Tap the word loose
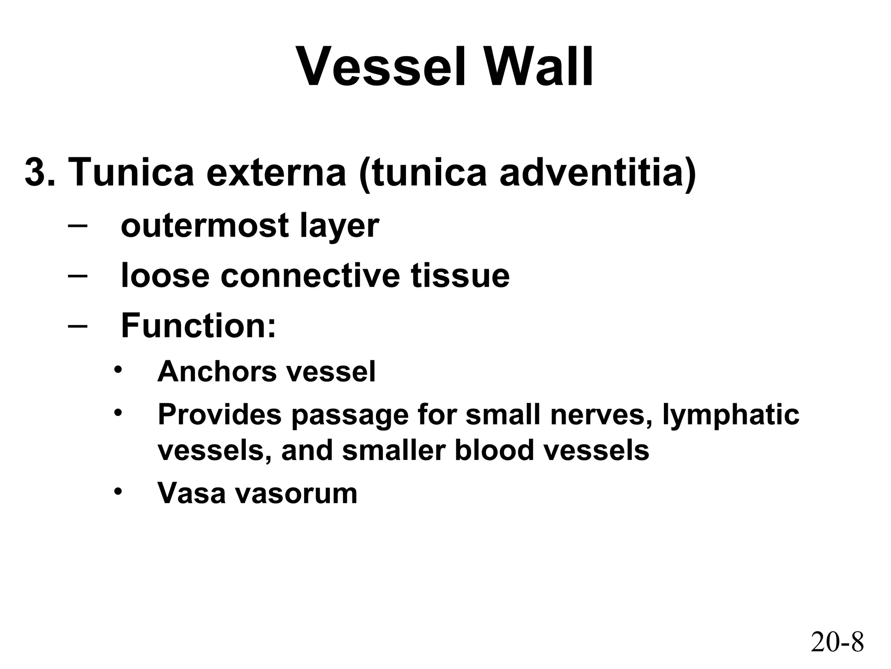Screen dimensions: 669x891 pyautogui.click(x=165, y=276)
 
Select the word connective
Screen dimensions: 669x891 pyautogui.click(x=310, y=276)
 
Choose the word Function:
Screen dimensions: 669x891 pyautogui.click(x=198, y=325)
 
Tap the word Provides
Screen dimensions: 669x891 pyautogui.click(x=219, y=414)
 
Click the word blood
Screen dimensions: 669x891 pyautogui.click(x=494, y=451)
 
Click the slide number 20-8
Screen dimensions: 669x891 pyautogui.click(x=837, y=642)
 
